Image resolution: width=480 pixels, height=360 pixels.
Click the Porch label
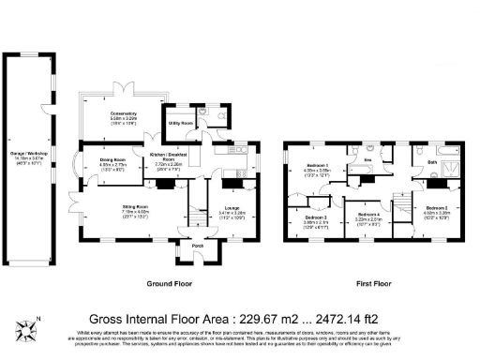[x=198, y=247]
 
